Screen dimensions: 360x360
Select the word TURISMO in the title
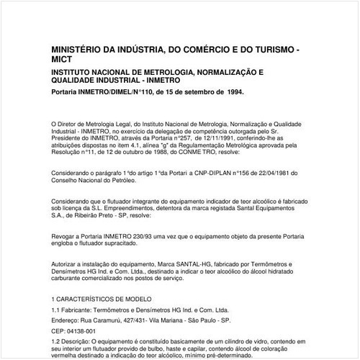(x=271, y=48)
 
